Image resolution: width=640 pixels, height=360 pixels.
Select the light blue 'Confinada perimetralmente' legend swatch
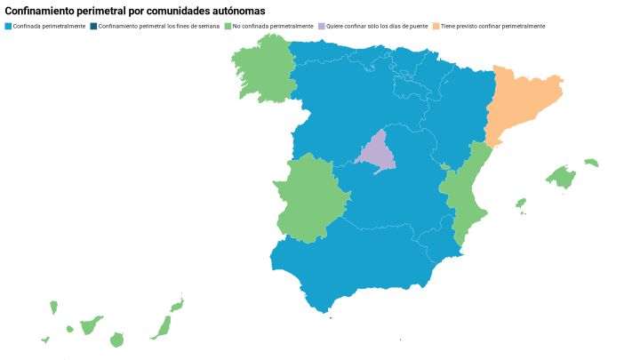coord(9,26)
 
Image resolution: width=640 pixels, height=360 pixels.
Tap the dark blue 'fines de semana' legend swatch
coord(93,26)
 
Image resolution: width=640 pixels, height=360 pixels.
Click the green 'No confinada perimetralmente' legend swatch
coord(228,26)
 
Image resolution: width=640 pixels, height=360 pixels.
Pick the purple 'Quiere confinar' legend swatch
coord(322,26)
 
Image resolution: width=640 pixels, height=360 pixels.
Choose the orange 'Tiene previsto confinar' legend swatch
coord(436,26)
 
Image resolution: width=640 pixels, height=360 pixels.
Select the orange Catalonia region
coord(520,102)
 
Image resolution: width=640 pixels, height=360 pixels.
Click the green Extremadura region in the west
coord(307,200)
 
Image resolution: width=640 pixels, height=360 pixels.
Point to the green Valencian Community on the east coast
coord(462,200)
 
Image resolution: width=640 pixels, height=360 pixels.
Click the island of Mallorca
coord(562,177)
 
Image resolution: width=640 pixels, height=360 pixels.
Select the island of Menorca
coord(591,163)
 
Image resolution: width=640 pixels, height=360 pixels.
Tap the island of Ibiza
coord(521,204)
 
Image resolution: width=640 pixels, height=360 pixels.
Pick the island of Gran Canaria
coord(116,340)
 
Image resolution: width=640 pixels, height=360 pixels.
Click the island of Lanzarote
coord(177,305)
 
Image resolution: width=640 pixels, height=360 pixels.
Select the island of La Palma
coord(53,308)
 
